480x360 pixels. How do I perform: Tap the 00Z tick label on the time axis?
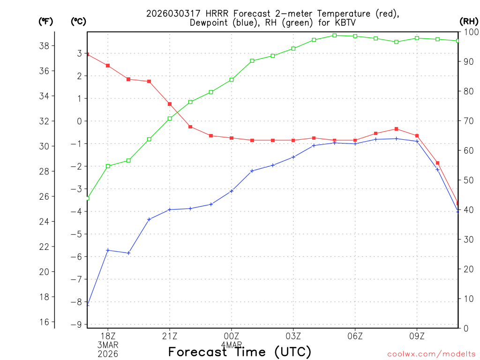(x=232, y=336)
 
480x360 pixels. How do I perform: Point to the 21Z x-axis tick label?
(x=170, y=336)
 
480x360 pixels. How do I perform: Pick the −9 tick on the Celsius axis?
(x=75, y=324)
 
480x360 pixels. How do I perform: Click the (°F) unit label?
(x=46, y=21)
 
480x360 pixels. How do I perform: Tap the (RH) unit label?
(x=469, y=21)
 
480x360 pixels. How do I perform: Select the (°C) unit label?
(x=79, y=21)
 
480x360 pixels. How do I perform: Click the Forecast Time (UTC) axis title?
(x=240, y=352)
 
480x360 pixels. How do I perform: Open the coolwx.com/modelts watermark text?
(x=431, y=354)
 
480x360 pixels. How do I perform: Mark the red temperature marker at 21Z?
(x=170, y=104)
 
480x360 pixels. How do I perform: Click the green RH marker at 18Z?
(x=108, y=166)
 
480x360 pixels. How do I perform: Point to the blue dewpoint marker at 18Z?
(x=108, y=250)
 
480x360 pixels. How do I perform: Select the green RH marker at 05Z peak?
(x=335, y=35)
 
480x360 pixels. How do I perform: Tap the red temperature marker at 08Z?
(x=397, y=129)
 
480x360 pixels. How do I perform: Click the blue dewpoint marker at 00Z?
(x=232, y=191)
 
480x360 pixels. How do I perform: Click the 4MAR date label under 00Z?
(x=232, y=345)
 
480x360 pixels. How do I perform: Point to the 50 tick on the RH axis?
(x=466, y=180)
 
